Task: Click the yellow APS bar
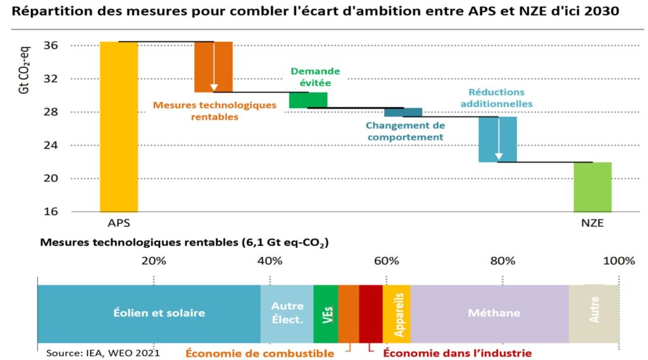[119, 127]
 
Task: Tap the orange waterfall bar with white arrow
[213, 66]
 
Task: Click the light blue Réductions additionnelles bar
[497, 139]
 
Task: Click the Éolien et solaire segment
[149, 313]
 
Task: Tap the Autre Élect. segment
[287, 313]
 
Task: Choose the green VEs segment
[326, 313]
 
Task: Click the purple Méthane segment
[489, 313]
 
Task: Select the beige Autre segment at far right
[594, 313]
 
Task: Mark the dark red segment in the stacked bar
[370, 313]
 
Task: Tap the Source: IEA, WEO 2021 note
[103, 352]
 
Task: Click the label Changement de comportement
[405, 131]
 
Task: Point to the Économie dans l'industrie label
[458, 353]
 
